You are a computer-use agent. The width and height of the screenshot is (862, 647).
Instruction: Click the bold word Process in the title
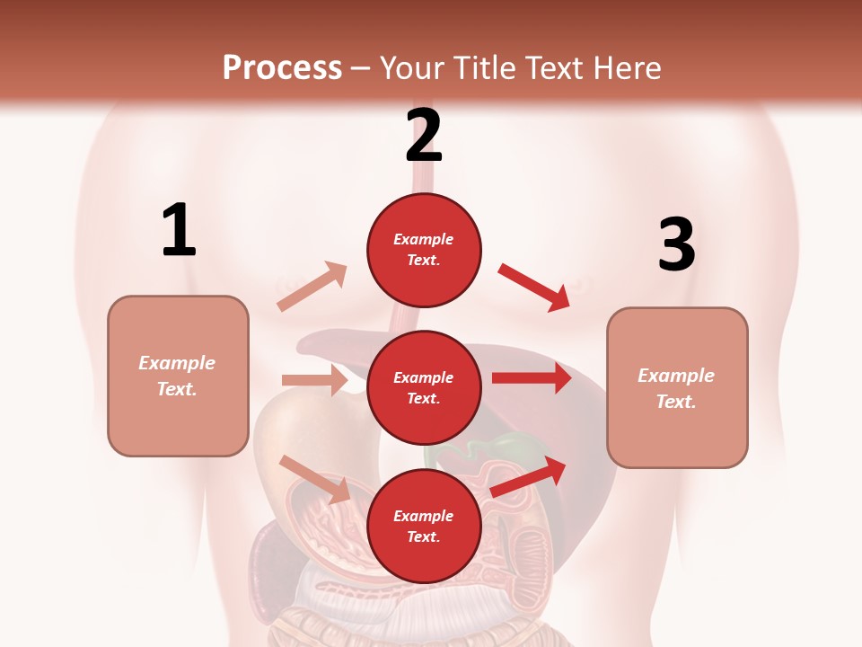pyautogui.click(x=282, y=67)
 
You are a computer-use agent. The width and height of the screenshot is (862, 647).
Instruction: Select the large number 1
pyautogui.click(x=179, y=230)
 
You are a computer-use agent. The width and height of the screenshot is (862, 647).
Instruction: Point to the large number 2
pyautogui.click(x=424, y=136)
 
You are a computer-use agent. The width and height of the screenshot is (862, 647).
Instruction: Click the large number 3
pyautogui.click(x=676, y=244)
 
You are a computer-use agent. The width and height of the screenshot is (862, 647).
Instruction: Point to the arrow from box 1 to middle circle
pyautogui.click(x=314, y=380)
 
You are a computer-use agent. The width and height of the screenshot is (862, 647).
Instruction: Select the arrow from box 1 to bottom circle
pyautogui.click(x=315, y=479)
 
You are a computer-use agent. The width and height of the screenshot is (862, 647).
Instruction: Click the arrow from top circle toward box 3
pyautogui.click(x=534, y=287)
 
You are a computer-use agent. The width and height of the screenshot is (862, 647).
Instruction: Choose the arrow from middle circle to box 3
pyautogui.click(x=531, y=377)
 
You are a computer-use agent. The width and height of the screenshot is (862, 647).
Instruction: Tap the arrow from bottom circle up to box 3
pyautogui.click(x=529, y=477)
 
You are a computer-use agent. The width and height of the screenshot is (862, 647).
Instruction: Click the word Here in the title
pyautogui.click(x=628, y=67)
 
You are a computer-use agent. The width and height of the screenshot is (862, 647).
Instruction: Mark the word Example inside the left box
pyautogui.click(x=177, y=363)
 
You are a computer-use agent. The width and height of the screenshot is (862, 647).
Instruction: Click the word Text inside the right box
pyautogui.click(x=676, y=402)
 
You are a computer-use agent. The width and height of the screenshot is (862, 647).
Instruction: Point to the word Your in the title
pyautogui.click(x=410, y=67)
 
